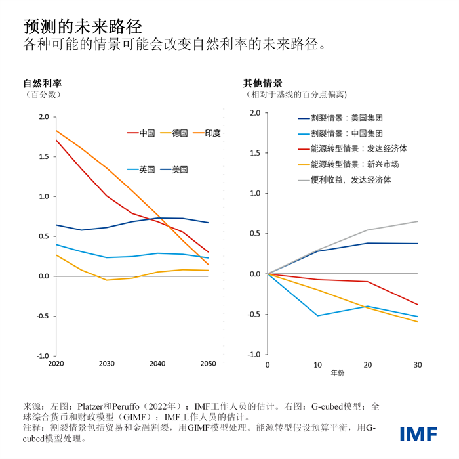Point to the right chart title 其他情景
[x=263, y=83]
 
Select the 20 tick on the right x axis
[x=368, y=364]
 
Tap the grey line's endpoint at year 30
[x=418, y=221]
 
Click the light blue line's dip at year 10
[x=318, y=316]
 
